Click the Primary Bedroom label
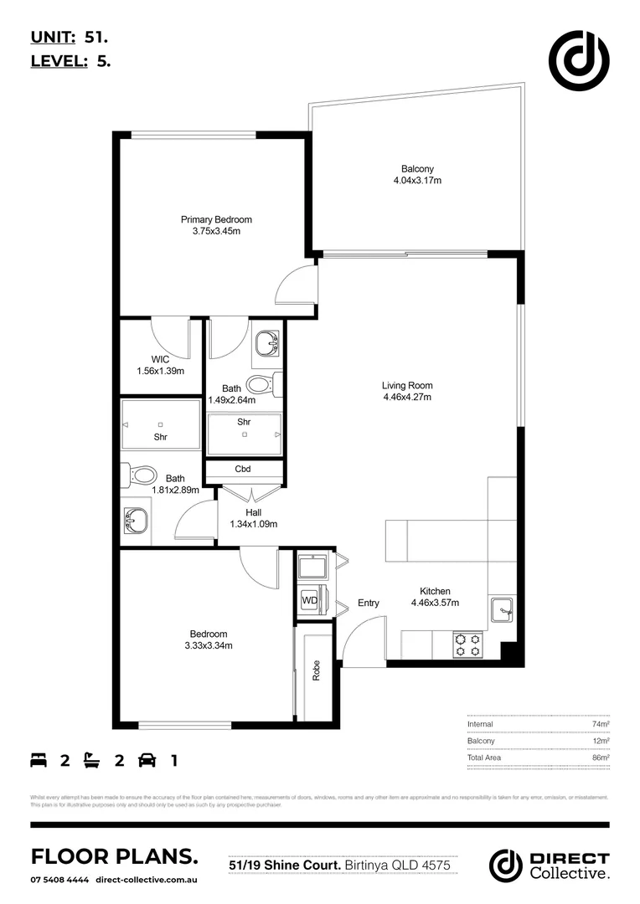216,219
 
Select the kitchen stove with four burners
468,644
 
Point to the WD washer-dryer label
309,600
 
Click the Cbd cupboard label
244,469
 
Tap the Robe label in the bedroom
317,670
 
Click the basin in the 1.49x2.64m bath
268,342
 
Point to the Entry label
369,603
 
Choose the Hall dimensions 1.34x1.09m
253,524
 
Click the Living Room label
407,386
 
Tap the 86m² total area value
601,757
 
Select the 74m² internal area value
601,724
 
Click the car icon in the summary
147,760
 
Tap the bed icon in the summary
39,760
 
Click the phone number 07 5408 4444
59,880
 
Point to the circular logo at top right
578,59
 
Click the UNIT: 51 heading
69,37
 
